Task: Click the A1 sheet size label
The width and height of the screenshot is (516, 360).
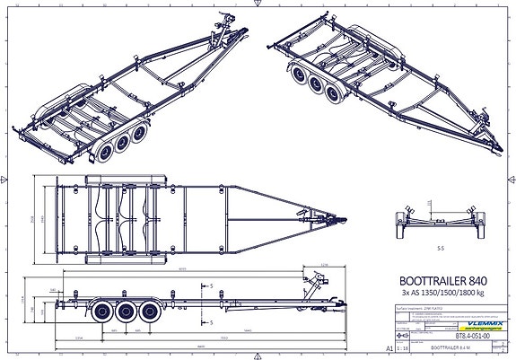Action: [388, 344]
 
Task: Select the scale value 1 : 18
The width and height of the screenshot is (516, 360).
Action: [401, 344]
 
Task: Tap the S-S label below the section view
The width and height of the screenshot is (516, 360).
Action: [440, 242]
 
